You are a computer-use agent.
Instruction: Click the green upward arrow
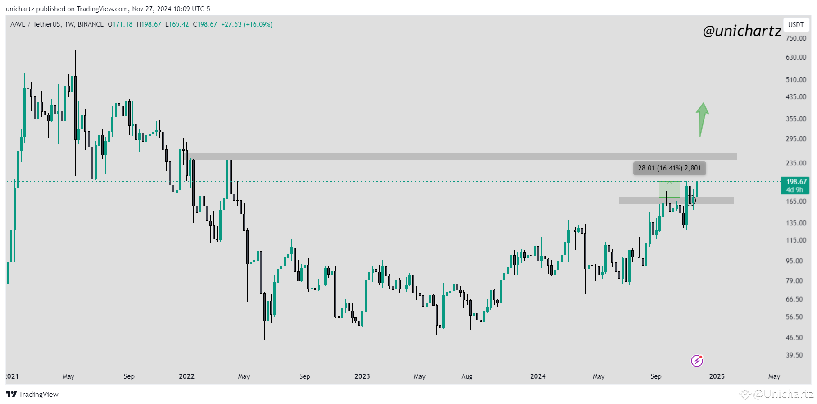pos(702,119)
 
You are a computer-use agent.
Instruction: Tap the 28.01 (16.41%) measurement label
pos(669,168)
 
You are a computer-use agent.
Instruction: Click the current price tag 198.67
pos(796,182)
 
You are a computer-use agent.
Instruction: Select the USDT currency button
pos(796,25)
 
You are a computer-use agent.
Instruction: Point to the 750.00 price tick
pos(796,38)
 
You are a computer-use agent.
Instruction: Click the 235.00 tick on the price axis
pos(796,163)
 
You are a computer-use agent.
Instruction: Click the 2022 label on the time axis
pos(186,376)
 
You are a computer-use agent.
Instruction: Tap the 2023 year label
pos(362,376)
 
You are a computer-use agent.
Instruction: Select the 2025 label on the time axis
pos(717,376)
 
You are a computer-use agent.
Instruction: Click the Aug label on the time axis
pos(467,376)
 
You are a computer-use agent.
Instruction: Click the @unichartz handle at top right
pos(742,31)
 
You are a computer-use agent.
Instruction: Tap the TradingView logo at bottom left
pos(32,395)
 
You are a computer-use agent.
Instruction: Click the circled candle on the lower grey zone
pos(690,200)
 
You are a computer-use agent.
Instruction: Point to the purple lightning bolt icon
pos(697,361)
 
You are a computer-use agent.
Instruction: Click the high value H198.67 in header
pos(149,24)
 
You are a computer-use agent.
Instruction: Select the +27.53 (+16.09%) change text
pos(247,24)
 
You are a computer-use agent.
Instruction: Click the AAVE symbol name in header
pos(18,24)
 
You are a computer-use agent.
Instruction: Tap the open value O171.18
pos(120,24)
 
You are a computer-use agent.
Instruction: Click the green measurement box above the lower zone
pos(670,189)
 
